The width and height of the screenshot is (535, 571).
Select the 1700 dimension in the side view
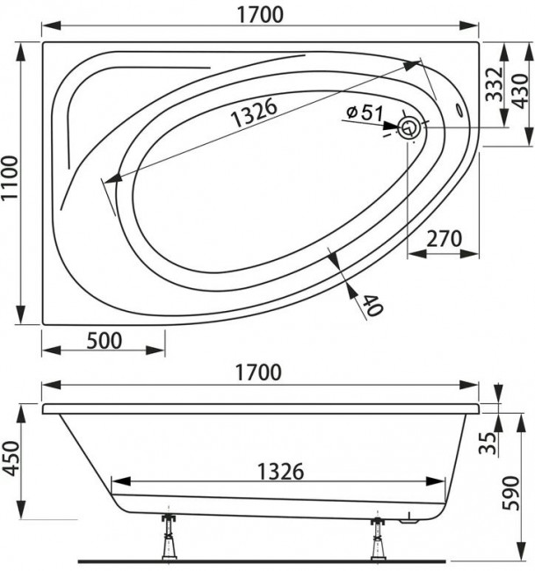(x=260, y=372)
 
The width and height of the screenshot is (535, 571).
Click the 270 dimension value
(x=445, y=238)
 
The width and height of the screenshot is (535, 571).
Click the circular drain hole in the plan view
(x=409, y=128)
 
